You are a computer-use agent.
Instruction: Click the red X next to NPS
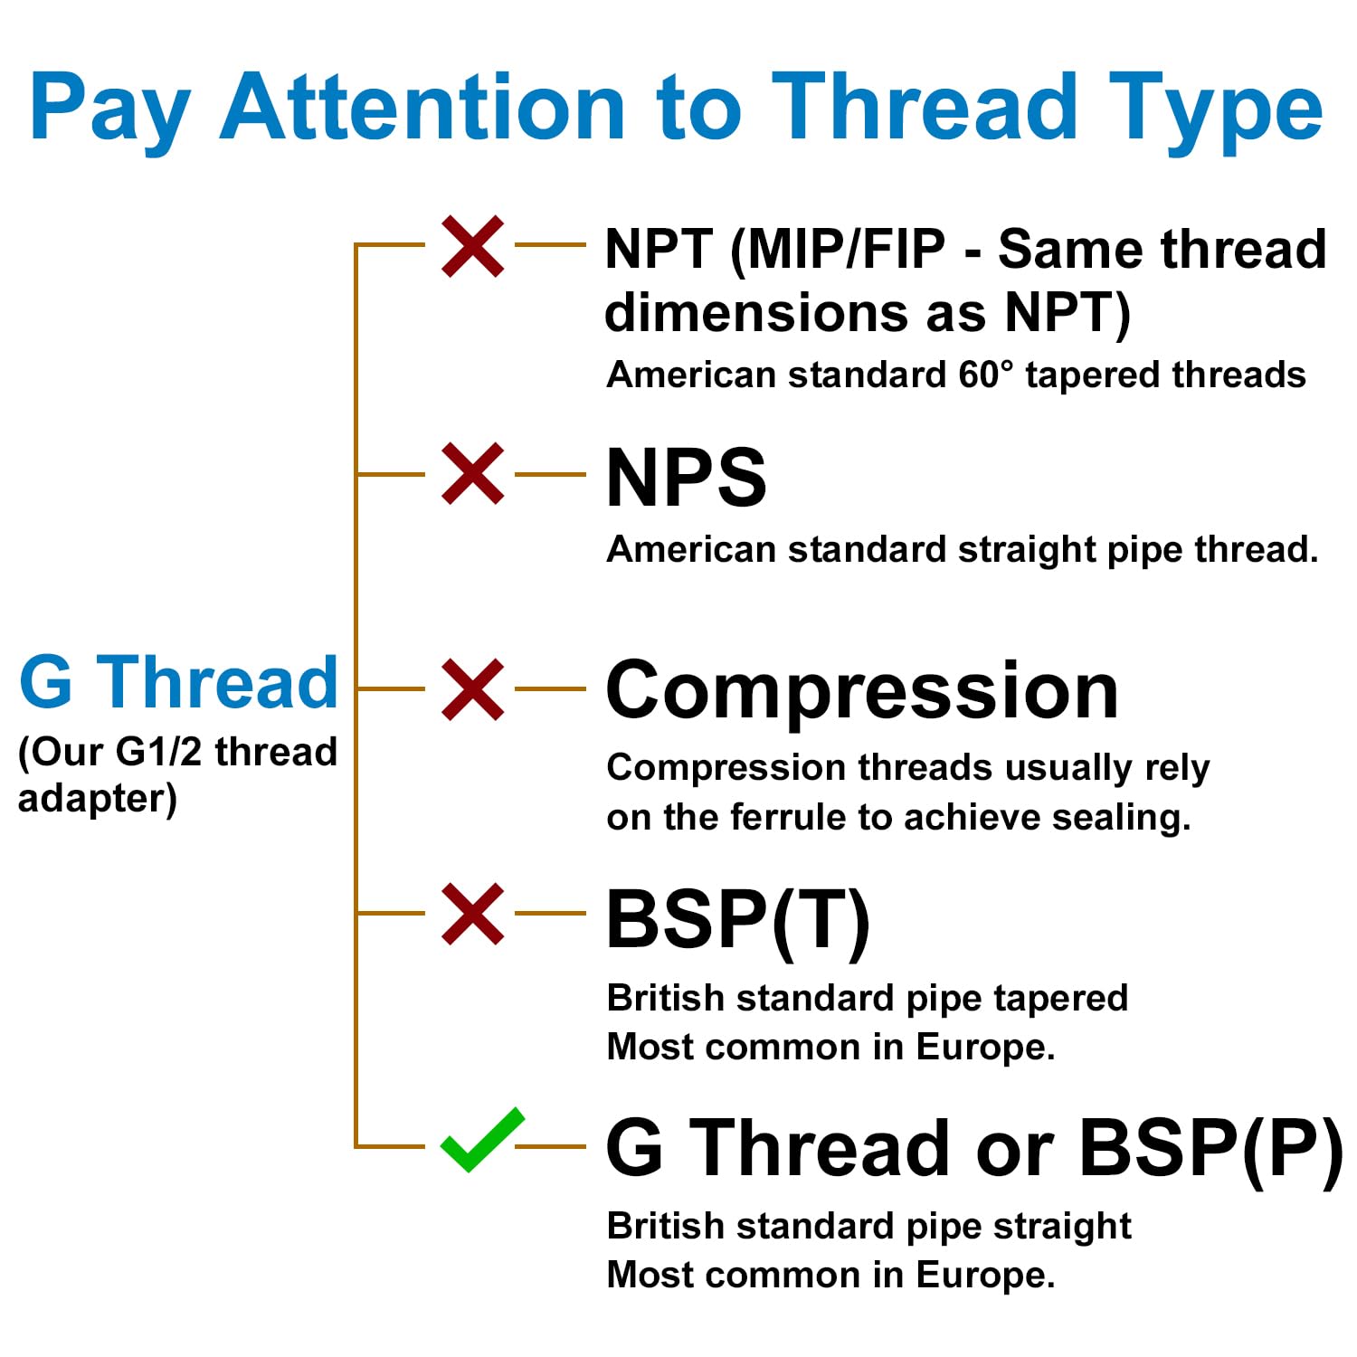click(x=473, y=473)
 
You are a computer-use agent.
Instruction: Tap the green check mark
click(x=482, y=1140)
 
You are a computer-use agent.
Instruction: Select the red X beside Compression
click(x=473, y=689)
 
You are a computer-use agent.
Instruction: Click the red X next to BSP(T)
click(x=473, y=915)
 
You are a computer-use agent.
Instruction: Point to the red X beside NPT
click(x=473, y=246)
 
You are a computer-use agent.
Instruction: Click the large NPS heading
click(x=686, y=477)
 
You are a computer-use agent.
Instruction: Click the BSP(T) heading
click(x=738, y=921)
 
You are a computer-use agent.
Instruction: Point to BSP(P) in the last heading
click(x=1211, y=1150)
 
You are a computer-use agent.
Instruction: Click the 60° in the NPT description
click(x=986, y=375)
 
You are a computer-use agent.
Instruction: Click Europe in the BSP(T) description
click(x=985, y=1048)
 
